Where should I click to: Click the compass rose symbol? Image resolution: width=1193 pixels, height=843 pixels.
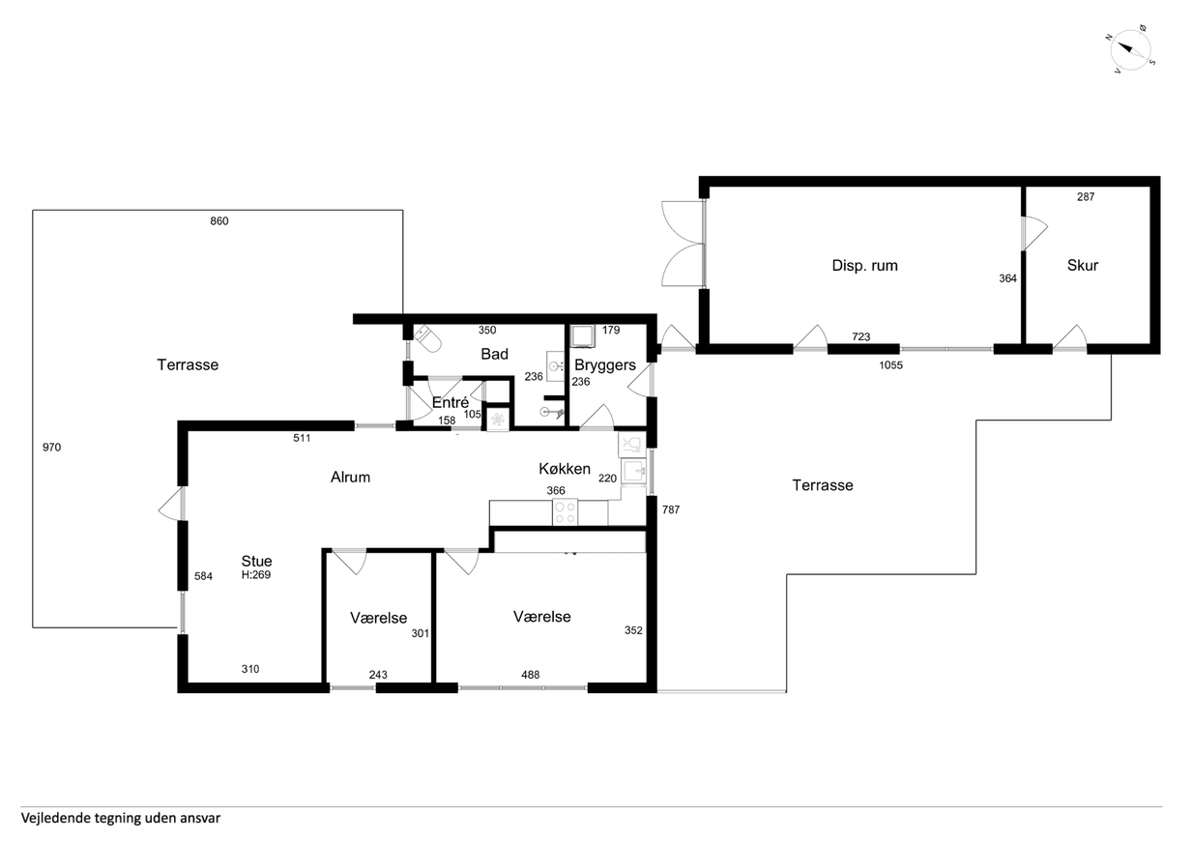point(1129,50)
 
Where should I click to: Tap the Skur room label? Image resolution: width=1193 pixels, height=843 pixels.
point(1082,265)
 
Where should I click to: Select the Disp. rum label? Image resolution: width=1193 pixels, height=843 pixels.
point(864,265)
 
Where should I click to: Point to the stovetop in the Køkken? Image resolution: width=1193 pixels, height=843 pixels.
point(565,511)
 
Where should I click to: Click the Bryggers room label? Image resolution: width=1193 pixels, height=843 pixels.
point(605,364)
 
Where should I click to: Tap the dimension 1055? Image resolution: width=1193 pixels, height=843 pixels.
point(890,365)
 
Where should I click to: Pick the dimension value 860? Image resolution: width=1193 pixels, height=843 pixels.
point(218,221)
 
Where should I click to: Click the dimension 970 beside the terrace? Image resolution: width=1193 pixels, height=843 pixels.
point(51,448)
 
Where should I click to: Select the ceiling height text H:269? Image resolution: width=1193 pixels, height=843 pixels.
point(255,575)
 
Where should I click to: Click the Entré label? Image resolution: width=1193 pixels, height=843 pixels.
point(451,402)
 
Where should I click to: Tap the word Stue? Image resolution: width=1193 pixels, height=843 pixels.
point(256,561)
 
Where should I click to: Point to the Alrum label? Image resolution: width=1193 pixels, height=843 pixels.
point(350,478)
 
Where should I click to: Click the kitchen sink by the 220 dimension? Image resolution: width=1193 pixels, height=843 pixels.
point(634,471)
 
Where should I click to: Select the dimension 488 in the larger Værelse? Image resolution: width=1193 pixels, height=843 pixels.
point(530,675)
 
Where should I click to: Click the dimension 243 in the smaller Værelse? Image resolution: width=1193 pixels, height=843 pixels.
point(378,675)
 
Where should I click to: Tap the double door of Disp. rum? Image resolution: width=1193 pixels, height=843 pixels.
point(683,244)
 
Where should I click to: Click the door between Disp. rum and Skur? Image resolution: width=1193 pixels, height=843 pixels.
point(1033,233)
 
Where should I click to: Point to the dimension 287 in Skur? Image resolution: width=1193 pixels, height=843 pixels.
point(1086,197)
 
